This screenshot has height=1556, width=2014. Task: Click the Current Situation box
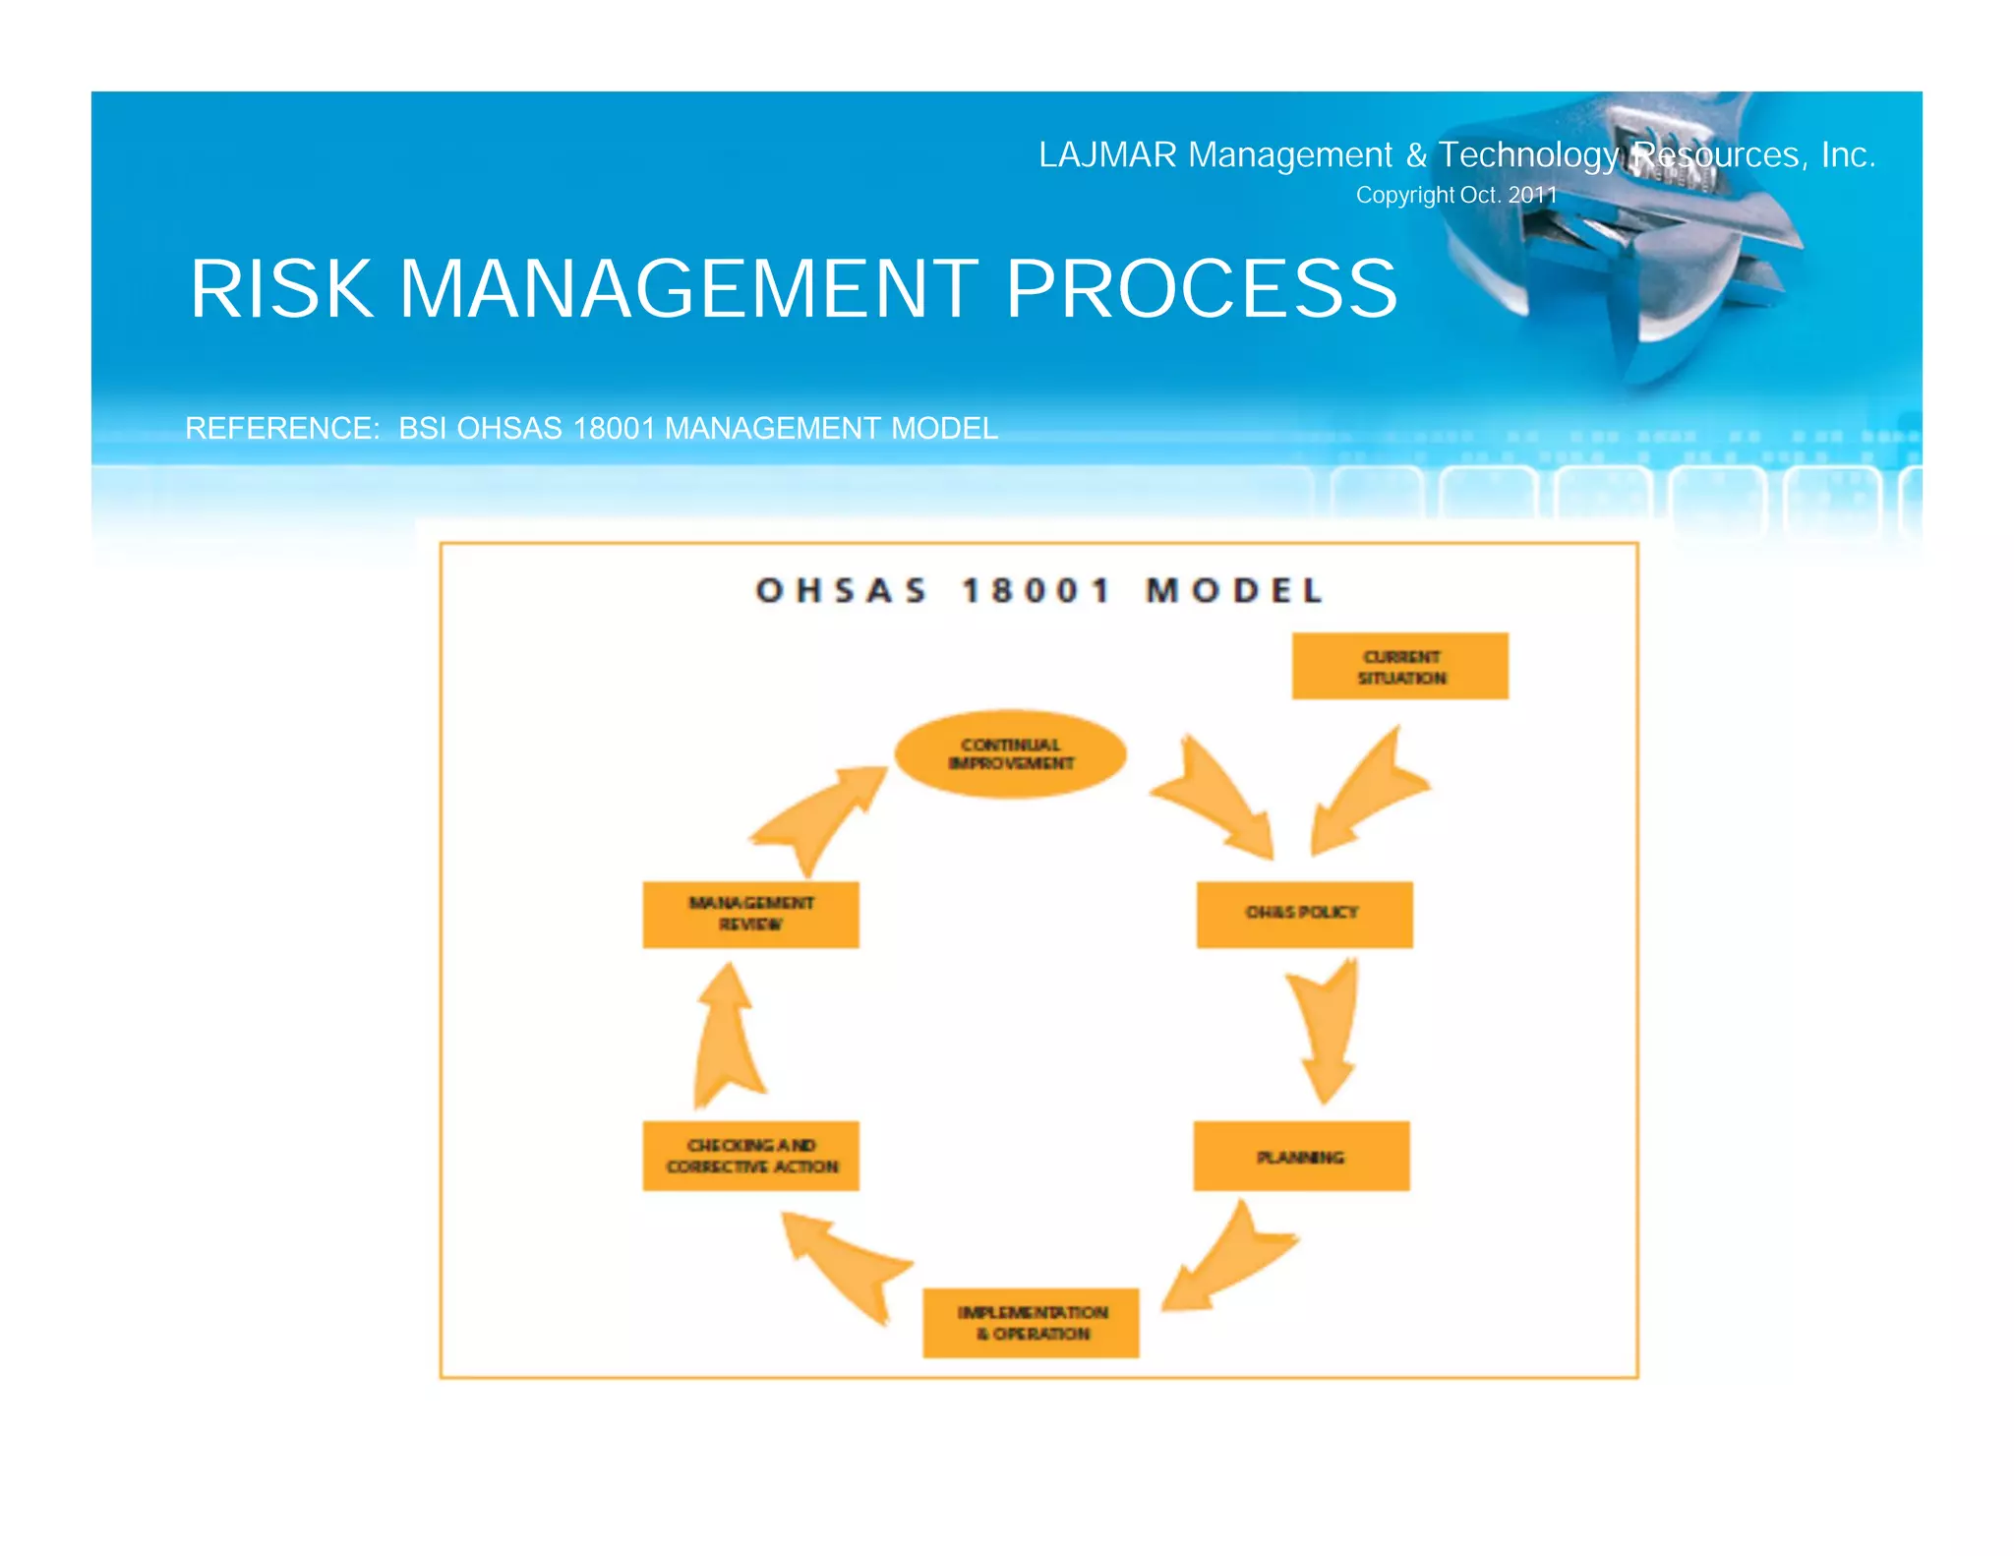click(1399, 666)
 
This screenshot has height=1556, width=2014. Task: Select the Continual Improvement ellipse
click(1010, 754)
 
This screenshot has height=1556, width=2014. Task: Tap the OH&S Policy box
click(1304, 914)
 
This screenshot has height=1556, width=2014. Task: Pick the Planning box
click(1301, 1156)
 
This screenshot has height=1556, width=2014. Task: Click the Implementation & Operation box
click(1031, 1322)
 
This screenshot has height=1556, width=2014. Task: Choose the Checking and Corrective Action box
click(750, 1156)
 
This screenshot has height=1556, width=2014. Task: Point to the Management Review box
click(750, 914)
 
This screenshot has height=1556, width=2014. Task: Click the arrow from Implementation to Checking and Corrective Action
click(846, 1264)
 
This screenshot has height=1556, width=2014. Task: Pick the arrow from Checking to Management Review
click(728, 1038)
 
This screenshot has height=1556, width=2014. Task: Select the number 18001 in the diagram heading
click(1036, 591)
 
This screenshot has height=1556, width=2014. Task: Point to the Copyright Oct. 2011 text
click(1456, 195)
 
